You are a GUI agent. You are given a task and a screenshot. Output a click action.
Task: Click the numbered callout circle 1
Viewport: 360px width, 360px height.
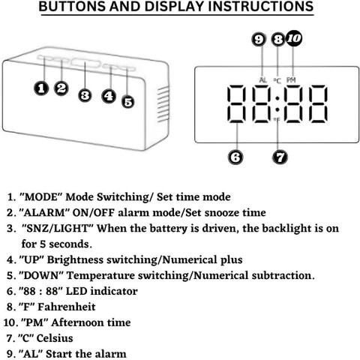41,88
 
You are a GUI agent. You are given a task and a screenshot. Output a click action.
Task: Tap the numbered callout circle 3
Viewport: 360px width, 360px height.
85,95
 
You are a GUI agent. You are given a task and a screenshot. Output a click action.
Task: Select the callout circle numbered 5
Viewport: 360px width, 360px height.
128,102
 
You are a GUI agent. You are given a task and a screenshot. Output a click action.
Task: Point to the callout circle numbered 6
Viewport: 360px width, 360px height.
235,157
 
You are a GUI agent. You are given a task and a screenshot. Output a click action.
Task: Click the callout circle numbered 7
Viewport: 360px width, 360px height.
280,157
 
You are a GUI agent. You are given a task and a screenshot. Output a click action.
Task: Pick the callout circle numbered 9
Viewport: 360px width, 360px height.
259,39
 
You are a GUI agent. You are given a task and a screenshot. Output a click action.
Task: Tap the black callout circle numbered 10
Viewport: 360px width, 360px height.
294,38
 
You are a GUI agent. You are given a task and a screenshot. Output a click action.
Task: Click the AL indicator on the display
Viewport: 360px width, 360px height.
263,80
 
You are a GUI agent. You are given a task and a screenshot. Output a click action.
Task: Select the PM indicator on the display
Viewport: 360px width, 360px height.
291,80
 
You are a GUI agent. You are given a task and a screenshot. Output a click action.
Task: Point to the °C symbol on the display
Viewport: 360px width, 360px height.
277,80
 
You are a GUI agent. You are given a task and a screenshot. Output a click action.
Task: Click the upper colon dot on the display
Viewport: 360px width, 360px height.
277,98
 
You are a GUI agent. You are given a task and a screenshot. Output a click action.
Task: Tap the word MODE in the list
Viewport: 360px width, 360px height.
41,197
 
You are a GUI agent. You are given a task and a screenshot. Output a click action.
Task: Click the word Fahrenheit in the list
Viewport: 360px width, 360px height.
67,307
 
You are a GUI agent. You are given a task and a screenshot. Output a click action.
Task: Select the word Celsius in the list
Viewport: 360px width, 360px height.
55,338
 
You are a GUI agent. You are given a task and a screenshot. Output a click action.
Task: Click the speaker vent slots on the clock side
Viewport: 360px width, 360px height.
163,104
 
